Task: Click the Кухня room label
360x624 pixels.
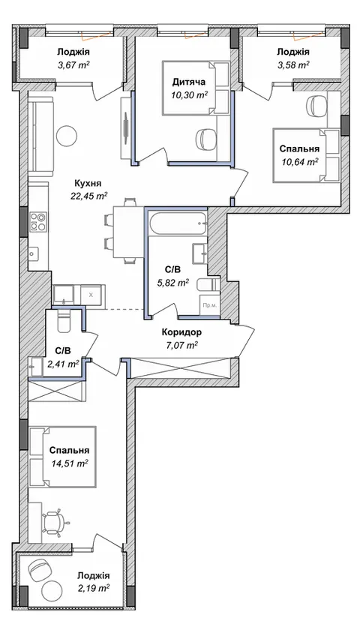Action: point(88,184)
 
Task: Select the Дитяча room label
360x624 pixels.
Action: point(189,82)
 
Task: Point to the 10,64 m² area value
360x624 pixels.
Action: point(298,161)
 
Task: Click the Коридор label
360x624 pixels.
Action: point(181,332)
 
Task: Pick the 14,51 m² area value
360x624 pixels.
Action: point(70,463)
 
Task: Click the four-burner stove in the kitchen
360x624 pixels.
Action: point(38,222)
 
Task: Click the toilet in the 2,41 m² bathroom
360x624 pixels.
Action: point(63,321)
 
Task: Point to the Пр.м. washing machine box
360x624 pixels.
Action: point(209,305)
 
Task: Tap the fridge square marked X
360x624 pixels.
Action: point(91,295)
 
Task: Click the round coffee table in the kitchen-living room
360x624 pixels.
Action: point(67,136)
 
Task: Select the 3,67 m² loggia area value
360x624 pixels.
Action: point(73,64)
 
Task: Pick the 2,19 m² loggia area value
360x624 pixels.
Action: point(94,588)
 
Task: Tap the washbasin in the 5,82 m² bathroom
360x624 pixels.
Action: point(199,254)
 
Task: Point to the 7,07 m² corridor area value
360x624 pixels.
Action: point(181,345)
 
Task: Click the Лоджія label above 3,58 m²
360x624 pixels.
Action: point(293,52)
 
